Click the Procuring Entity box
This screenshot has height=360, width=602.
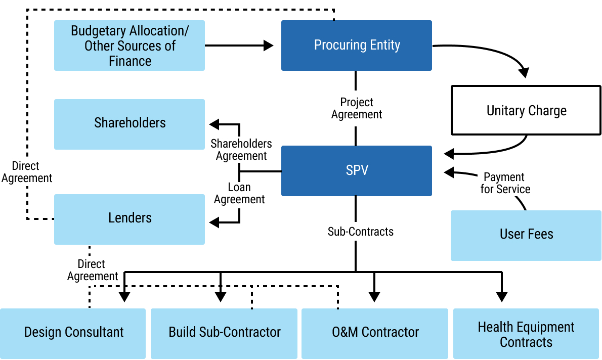pos(357,46)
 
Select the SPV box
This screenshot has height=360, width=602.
pos(357,171)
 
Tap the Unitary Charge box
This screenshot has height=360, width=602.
pos(526,110)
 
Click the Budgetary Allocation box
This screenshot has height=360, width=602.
pos(130,46)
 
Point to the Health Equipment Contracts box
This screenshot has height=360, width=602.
pos(526,334)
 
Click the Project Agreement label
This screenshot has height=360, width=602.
pos(357,108)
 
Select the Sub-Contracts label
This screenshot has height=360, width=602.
pos(360,232)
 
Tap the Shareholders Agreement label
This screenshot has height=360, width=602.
pos(241,150)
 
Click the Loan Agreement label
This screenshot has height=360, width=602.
pos(239,193)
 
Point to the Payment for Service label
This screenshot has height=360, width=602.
pos(505,183)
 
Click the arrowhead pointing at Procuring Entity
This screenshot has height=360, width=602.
pos(269,46)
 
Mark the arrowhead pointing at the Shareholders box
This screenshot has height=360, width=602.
pos(214,124)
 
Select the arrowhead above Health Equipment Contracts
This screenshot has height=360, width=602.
pos(501,297)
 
